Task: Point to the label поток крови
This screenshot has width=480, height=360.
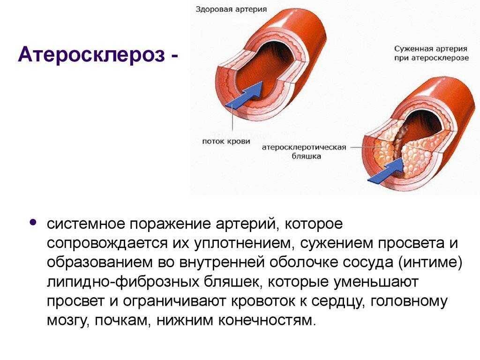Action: (225, 141)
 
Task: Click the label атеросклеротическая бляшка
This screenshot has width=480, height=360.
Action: (304, 152)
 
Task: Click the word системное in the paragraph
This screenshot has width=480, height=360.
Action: (85, 224)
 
